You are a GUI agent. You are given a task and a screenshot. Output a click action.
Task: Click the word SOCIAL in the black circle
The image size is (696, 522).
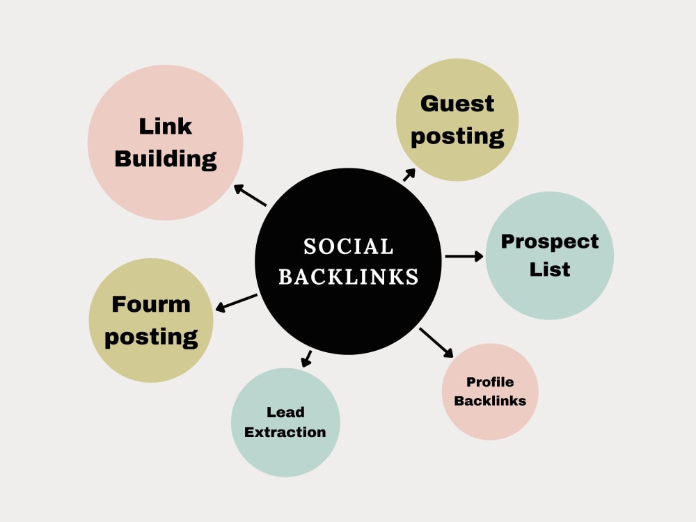(x=349, y=247)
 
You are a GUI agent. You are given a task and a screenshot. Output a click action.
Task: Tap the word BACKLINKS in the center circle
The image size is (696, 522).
(x=349, y=276)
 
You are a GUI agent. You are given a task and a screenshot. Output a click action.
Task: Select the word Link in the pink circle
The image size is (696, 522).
(x=166, y=127)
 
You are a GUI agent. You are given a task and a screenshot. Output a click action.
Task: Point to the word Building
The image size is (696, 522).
(x=166, y=159)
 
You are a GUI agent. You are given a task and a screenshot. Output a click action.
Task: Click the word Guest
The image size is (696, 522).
(x=457, y=104)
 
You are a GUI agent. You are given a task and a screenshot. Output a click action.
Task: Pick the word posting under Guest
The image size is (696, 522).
(x=457, y=136)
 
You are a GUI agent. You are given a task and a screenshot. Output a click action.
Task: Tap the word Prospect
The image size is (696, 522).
(x=550, y=242)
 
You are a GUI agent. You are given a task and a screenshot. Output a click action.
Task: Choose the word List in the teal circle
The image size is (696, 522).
(x=550, y=269)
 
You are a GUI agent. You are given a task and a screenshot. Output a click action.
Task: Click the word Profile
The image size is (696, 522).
(x=490, y=381)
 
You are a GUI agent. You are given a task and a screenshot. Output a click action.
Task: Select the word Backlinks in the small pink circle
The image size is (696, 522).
(x=490, y=401)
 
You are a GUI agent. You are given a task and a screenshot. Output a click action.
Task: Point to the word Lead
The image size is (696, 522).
(x=285, y=412)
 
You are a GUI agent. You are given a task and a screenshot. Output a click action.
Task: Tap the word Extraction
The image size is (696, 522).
(x=285, y=432)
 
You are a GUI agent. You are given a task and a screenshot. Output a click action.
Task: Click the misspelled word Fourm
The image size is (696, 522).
(x=151, y=305)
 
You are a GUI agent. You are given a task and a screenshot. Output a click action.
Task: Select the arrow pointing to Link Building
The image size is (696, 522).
(x=250, y=196)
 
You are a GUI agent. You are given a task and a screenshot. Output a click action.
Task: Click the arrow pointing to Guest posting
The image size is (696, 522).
(x=409, y=175)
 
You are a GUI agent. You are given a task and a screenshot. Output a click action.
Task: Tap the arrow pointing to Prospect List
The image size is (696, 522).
(x=464, y=256)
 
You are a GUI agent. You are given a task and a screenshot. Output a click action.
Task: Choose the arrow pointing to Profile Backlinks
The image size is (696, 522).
(x=436, y=342)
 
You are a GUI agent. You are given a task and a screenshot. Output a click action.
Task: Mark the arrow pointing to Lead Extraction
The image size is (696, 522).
(x=306, y=358)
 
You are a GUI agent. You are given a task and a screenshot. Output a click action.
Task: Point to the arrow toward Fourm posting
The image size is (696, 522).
(x=236, y=303)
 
